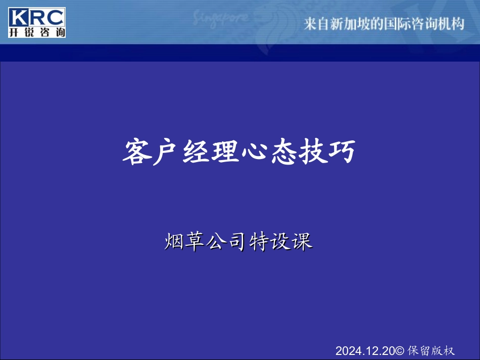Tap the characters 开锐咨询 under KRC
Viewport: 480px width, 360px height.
(x=37, y=32)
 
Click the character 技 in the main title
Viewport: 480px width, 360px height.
(x=312, y=151)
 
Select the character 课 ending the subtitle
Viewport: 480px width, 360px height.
(x=302, y=241)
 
